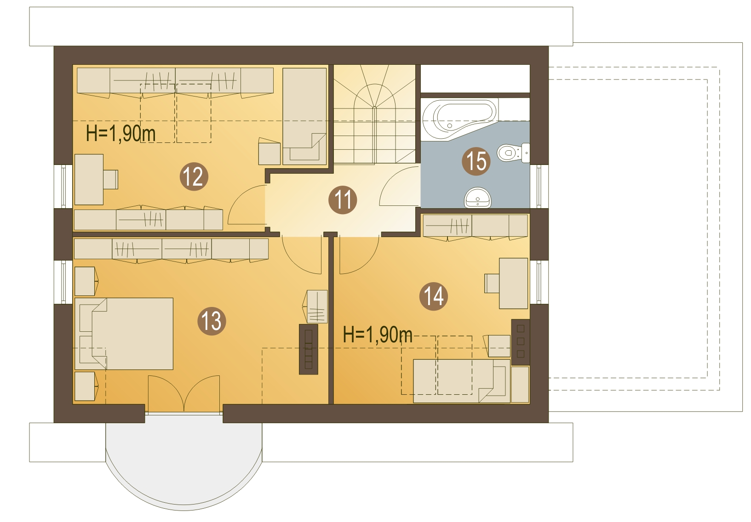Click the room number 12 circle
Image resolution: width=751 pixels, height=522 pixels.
[194, 176]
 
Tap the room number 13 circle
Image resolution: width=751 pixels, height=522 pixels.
[212, 321]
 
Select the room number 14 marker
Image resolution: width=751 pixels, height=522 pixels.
[434, 296]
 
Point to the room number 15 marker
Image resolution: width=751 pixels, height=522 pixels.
[476, 161]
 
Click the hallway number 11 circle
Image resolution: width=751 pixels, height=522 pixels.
[343, 200]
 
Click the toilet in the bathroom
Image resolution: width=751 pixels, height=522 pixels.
[513, 153]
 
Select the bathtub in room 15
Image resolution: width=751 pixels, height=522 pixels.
[460, 119]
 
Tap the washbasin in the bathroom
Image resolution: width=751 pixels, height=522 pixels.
[477, 198]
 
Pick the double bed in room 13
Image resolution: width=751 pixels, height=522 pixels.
[124, 334]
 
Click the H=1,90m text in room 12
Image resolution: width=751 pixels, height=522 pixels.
[120, 133]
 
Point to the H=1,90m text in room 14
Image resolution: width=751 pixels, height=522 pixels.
[378, 335]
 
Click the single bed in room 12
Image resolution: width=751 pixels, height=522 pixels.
[304, 116]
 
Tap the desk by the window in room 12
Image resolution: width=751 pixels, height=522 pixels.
[89, 179]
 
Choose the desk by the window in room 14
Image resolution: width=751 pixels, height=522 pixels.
[514, 283]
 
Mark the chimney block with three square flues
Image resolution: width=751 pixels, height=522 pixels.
[520, 342]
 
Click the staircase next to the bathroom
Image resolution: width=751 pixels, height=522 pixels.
[374, 114]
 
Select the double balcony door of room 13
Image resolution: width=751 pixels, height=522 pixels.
[184, 393]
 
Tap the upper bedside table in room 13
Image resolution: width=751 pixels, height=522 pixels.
[86, 281]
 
